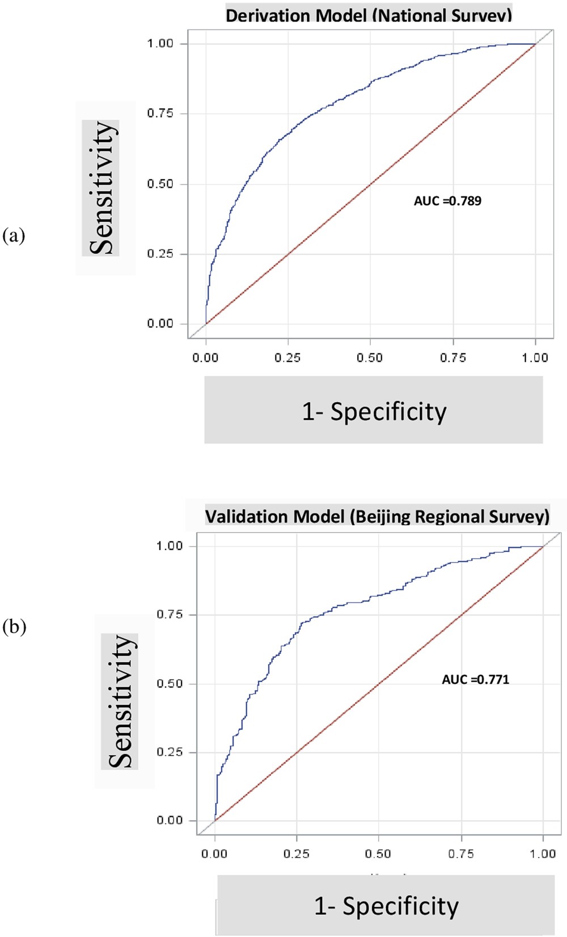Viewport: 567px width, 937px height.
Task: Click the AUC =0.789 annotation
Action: pyautogui.click(x=447, y=201)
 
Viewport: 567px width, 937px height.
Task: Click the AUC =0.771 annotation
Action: pyautogui.click(x=475, y=679)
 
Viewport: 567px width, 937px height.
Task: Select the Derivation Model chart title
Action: pyautogui.click(x=369, y=15)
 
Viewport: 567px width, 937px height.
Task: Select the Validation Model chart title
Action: pyautogui.click(x=377, y=516)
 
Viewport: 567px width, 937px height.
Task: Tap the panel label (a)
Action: pyautogui.click(x=14, y=235)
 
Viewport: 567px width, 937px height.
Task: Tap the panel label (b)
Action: pyautogui.click(x=14, y=627)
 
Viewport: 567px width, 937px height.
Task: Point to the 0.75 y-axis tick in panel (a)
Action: pyautogui.click(x=160, y=113)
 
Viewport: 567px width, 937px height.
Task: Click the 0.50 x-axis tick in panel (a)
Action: pyautogui.click(x=370, y=358)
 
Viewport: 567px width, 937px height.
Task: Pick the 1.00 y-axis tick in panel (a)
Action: pyautogui.click(x=160, y=44)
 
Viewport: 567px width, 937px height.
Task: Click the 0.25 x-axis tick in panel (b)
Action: pyautogui.click(x=297, y=854)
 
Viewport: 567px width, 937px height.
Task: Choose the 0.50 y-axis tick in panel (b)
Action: pyautogui.click(x=169, y=683)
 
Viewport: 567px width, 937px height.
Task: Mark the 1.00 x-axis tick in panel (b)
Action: pyautogui.click(x=543, y=854)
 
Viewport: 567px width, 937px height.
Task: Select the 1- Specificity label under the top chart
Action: pyautogui.click(x=374, y=411)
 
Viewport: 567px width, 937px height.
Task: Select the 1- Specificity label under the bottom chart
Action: pyautogui.click(x=387, y=906)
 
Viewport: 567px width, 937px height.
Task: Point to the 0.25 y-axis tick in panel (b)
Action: pyautogui.click(x=169, y=752)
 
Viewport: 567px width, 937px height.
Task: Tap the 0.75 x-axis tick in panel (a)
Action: pyautogui.click(x=452, y=358)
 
